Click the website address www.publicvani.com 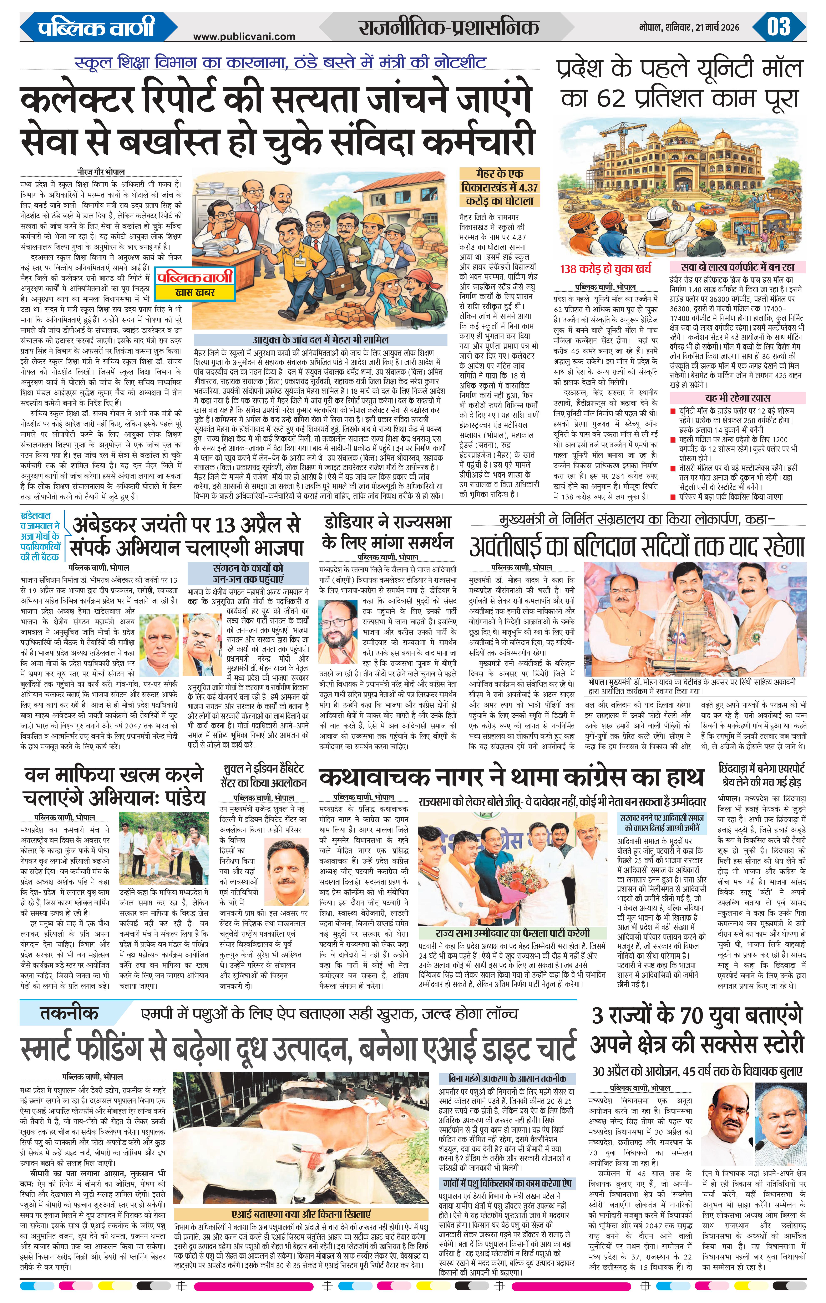[x=244, y=36]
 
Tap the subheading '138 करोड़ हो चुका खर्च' [x=606, y=269]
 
